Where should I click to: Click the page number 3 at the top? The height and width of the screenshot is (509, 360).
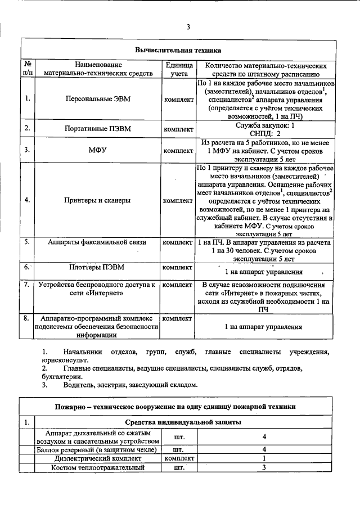(188, 26)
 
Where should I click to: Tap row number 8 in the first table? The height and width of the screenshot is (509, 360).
(27, 318)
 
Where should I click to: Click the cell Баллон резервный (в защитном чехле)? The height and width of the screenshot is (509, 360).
(91, 449)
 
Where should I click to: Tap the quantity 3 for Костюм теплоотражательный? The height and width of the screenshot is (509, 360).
(263, 467)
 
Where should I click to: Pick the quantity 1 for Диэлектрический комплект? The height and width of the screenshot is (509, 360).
(263, 458)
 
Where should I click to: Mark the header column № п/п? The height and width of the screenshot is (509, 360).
(28, 69)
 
